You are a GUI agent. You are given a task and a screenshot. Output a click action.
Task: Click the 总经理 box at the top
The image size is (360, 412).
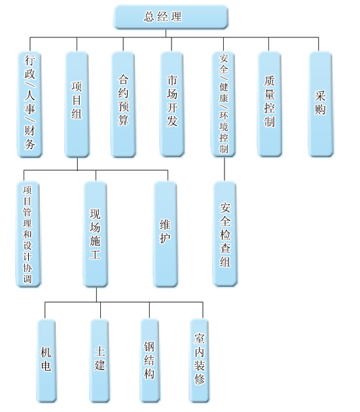tap(171, 17)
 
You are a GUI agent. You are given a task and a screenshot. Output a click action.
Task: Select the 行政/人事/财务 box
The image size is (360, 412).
tap(30, 104)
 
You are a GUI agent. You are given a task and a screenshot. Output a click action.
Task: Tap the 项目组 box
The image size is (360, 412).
tap(77, 104)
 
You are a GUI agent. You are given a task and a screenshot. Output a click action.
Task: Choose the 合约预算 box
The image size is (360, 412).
tap(123, 104)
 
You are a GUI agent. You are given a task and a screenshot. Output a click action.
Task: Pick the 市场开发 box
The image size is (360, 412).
tap(172, 104)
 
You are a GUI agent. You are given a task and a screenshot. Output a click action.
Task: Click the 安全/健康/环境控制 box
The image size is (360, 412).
tap(223, 104)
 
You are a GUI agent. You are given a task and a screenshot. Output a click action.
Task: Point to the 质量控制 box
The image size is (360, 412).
tap(270, 104)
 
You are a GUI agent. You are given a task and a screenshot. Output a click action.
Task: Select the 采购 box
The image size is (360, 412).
tap(321, 104)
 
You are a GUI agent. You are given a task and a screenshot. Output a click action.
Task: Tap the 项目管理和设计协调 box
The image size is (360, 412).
tap(28, 234)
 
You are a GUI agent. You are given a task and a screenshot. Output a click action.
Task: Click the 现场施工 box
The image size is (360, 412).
tap(96, 234)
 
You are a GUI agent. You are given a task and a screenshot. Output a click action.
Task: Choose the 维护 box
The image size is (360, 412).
tap(166, 234)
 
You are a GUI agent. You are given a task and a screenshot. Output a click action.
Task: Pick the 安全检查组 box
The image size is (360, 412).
tap(225, 234)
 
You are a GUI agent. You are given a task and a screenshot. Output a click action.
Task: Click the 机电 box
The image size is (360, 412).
tap(46, 361)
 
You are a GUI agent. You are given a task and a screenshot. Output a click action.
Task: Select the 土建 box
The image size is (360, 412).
tap(99, 361)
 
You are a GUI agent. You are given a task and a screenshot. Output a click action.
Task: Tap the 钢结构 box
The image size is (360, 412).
tap(149, 361)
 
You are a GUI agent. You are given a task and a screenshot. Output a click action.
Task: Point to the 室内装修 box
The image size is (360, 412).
tap(199, 361)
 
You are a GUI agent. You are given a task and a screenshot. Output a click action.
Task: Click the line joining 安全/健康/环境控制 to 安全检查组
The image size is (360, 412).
tap(225, 169)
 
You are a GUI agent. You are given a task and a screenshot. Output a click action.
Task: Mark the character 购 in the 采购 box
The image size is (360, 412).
tap(320, 109)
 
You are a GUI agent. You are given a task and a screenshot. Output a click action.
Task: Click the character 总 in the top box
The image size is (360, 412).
tap(149, 16)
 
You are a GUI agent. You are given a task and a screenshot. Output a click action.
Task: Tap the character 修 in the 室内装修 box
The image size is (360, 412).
tap(199, 379)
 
